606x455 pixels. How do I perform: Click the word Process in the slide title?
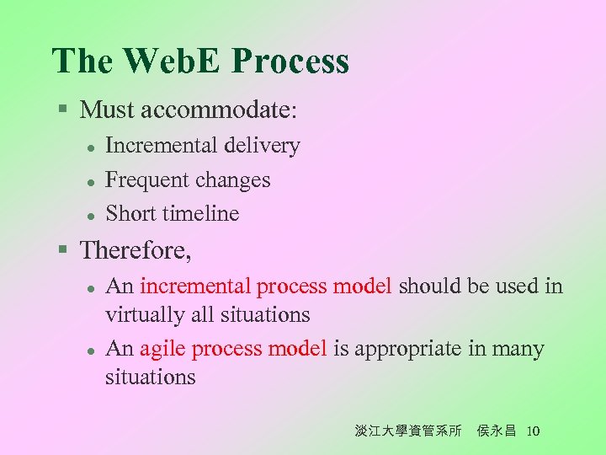290,62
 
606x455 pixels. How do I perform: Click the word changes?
232,180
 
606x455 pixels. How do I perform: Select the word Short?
130,214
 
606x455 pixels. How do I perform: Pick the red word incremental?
195,286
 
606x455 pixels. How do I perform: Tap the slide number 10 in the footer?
532,431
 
